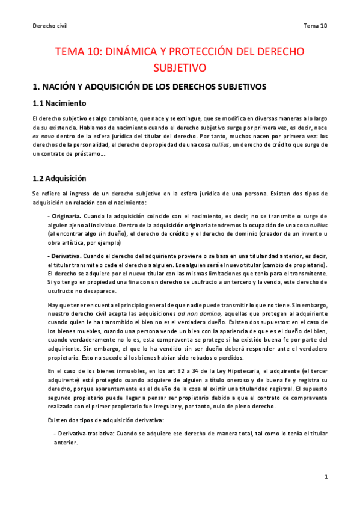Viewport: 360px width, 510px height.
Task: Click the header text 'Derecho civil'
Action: point(49,25)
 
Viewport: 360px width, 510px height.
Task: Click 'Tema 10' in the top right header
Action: point(315,25)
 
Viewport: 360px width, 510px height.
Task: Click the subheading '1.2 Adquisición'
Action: point(59,178)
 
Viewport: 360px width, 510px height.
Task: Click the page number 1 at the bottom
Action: point(325,477)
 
